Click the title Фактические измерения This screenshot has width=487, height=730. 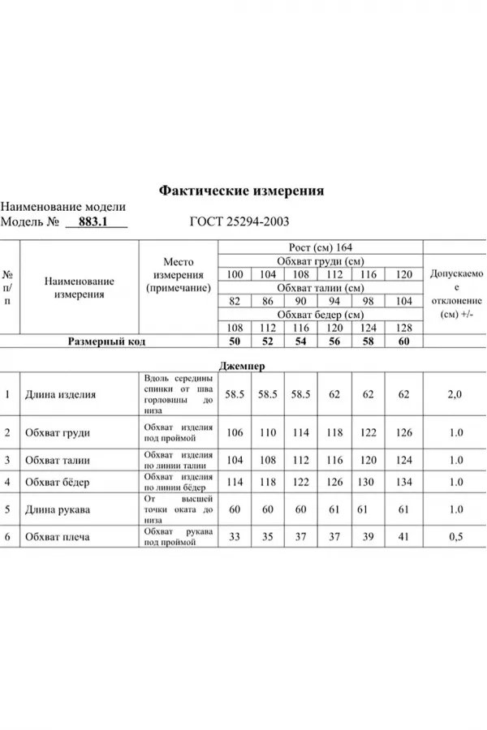242,191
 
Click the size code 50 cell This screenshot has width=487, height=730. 235,342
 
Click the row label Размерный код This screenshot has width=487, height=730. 106,342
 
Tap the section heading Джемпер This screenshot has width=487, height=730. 241,365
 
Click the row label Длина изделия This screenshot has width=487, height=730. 61,395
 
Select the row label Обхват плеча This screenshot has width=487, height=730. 58,537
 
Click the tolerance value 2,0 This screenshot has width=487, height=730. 455,395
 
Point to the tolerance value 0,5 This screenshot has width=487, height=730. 455,537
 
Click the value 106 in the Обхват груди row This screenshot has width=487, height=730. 235,432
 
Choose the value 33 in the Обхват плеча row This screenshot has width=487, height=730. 235,537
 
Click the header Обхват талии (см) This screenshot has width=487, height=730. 320,288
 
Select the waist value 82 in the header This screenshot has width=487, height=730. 235,302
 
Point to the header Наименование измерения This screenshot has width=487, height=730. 79,288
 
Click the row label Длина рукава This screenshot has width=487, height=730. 58,510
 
